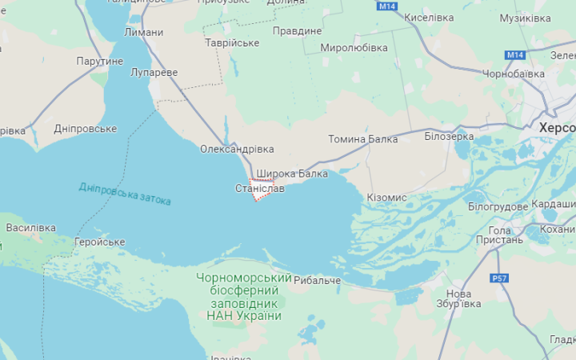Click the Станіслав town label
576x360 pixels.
[259, 189]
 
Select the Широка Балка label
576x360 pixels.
[292, 173]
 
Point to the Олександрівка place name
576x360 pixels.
[237, 150]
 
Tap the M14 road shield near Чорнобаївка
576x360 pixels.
[514, 54]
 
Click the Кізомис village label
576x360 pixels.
[386, 197]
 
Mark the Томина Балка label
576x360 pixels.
[362, 139]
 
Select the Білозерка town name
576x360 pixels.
[449, 137]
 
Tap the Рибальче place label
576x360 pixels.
[317, 280]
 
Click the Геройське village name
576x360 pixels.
[99, 242]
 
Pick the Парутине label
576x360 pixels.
[100, 61]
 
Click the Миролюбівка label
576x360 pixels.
[354, 48]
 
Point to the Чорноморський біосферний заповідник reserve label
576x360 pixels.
[243, 296]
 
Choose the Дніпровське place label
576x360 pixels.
[85, 128]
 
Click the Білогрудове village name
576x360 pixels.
[498, 206]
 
